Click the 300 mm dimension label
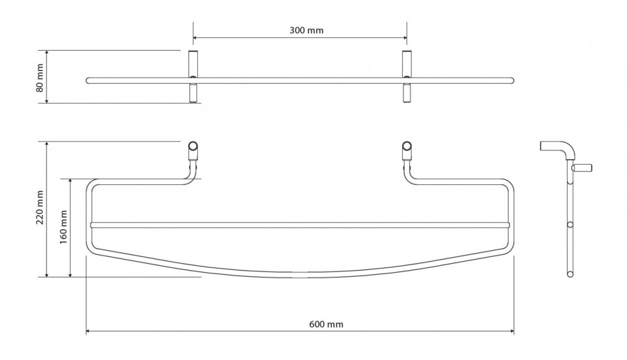tap(306, 31)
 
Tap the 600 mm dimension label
tap(326, 324)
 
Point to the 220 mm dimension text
tap(40, 207)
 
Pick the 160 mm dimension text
tap(63, 228)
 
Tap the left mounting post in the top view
tap(193, 77)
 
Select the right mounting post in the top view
tap(407, 77)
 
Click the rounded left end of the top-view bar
tap(88, 80)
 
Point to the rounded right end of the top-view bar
tap(512, 80)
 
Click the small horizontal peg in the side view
tap(582, 167)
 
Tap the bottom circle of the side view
tap(570, 274)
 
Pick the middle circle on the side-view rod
tap(570, 225)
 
